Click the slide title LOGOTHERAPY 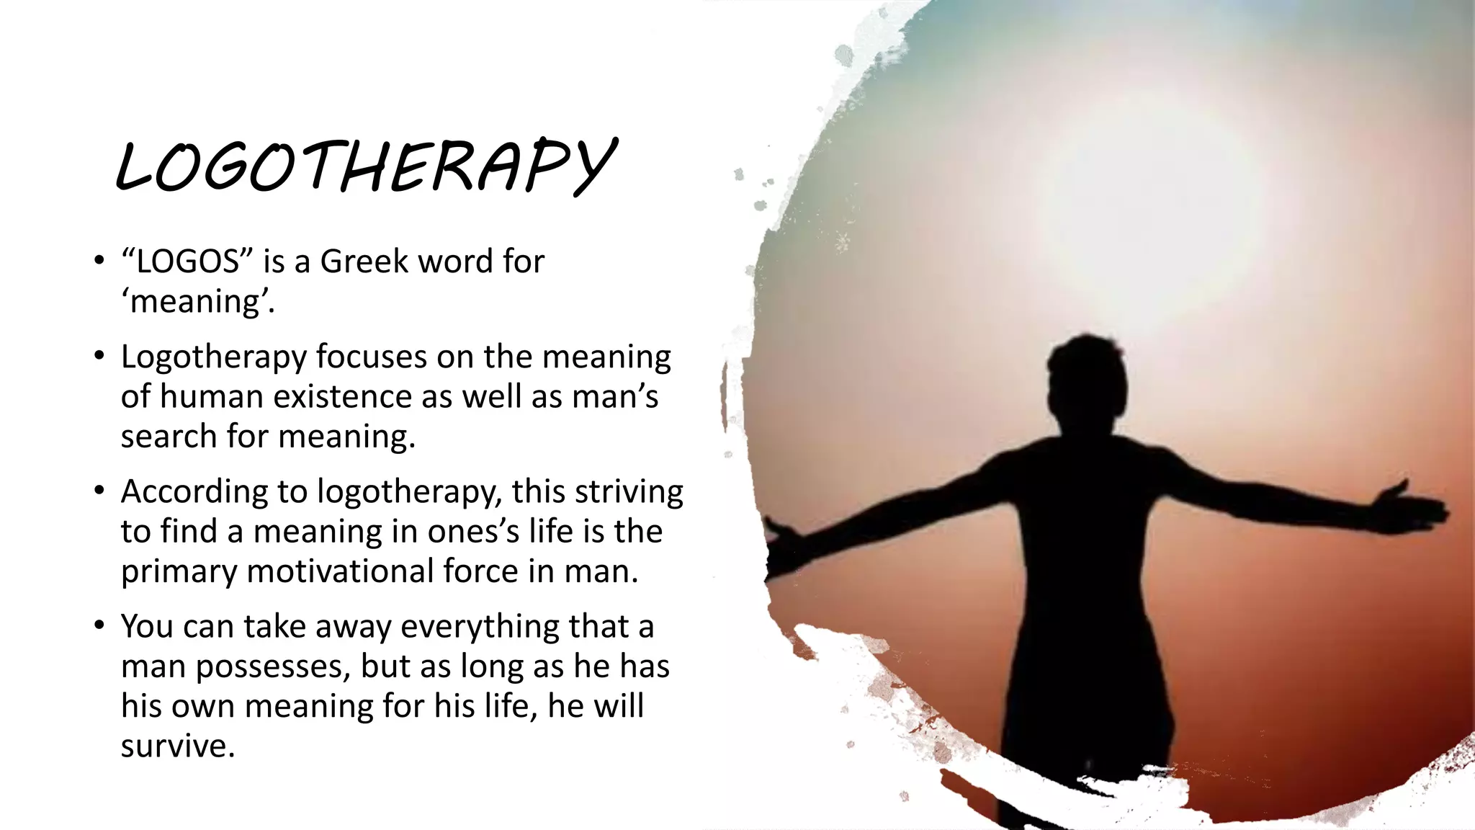[x=366, y=166]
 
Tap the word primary [x=179, y=572]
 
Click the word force [x=480, y=571]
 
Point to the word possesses [x=272, y=667]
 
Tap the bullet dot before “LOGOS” [x=99, y=261]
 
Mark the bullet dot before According [x=99, y=491]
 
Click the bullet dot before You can [x=99, y=625]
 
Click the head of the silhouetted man [x=1088, y=375]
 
